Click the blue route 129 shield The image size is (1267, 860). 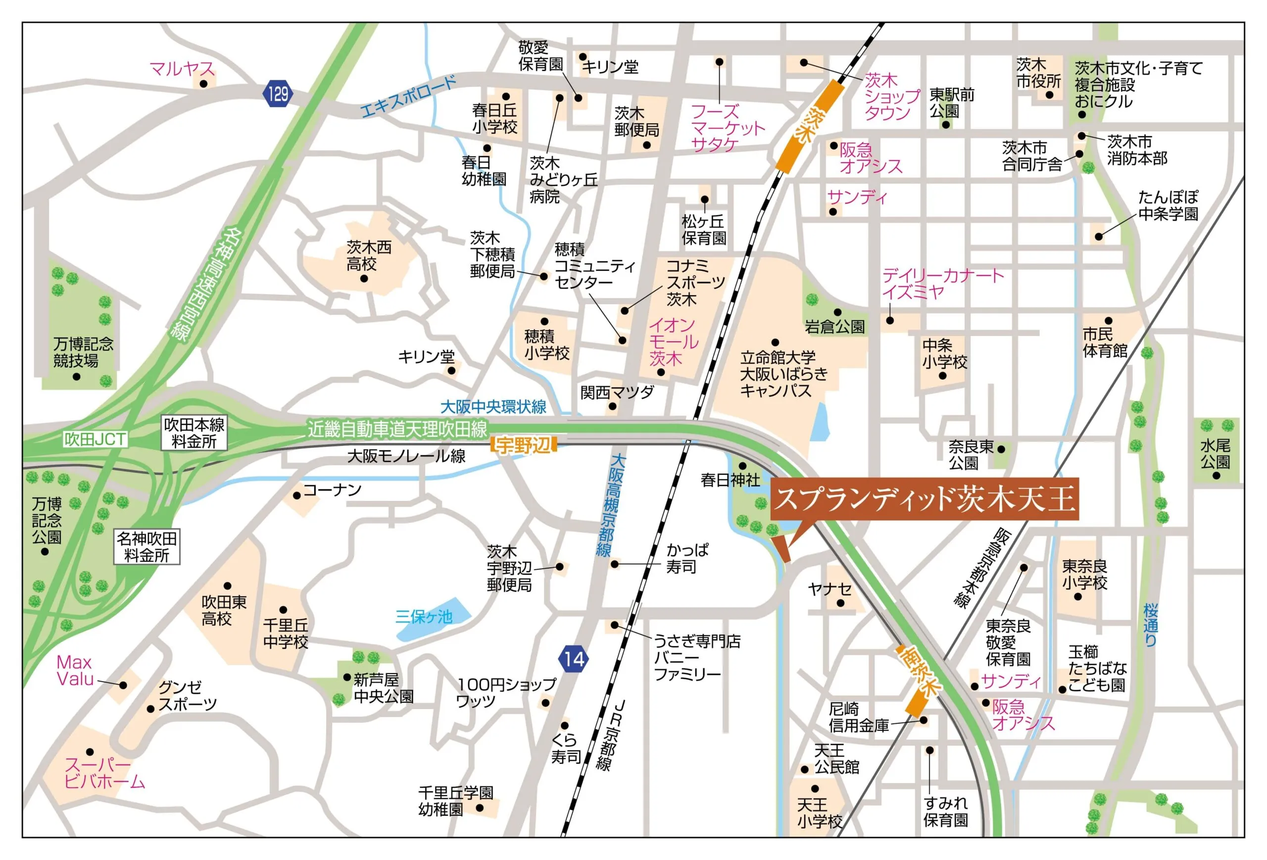tap(278, 94)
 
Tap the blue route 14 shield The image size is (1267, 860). tap(574, 659)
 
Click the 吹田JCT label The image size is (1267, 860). tap(95, 439)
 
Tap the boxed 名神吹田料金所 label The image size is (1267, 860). tap(146, 547)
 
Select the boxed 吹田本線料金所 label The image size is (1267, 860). tap(194, 433)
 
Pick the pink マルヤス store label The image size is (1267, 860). tap(182, 69)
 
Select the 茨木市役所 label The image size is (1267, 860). tap(1038, 73)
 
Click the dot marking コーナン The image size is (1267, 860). tap(297, 495)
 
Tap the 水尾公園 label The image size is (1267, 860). tap(1215, 453)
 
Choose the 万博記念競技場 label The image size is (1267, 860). tap(84, 352)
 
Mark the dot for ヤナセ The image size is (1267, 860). tap(841, 603)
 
